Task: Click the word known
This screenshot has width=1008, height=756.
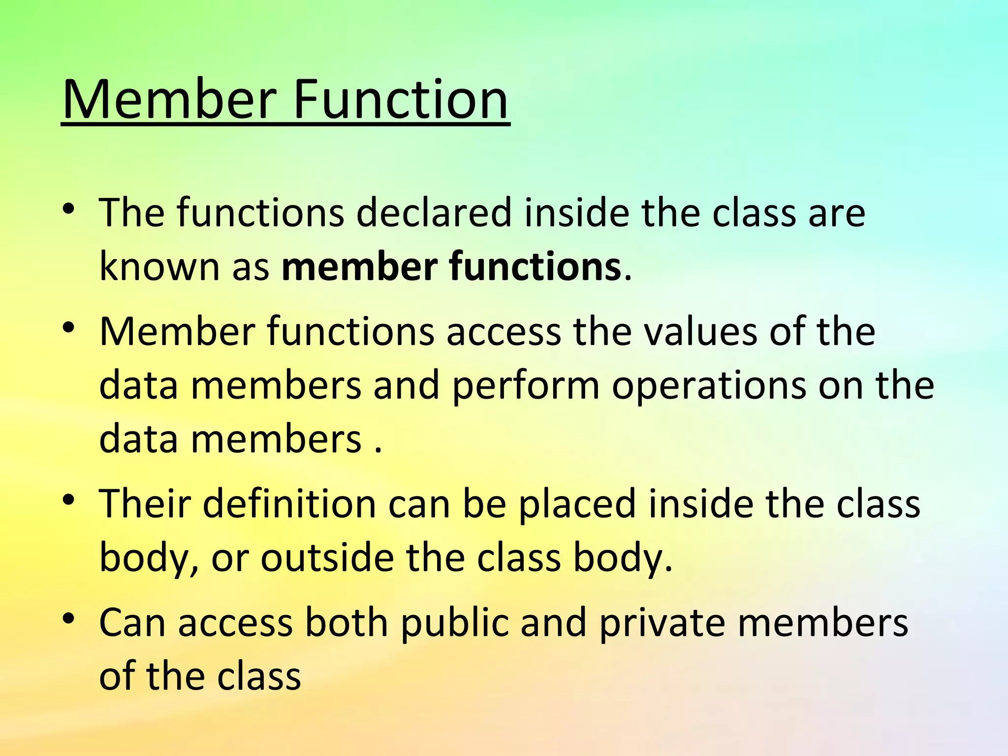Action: tap(159, 267)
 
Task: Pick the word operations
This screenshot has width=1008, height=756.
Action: tap(709, 386)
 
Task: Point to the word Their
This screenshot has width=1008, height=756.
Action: tap(145, 504)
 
